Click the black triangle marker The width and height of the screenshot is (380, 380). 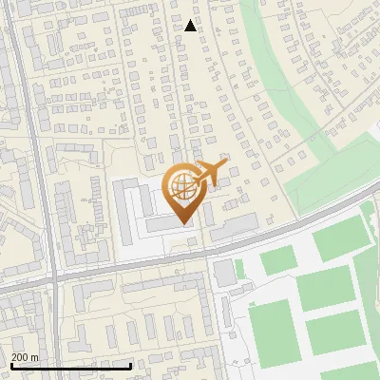(x=191, y=26)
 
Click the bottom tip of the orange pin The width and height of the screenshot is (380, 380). (x=183, y=224)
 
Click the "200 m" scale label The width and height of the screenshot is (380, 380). (x=25, y=357)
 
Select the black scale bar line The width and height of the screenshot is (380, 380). (x=70, y=366)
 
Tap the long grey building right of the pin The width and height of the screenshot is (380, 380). (x=234, y=226)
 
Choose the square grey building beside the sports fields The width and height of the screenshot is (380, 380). (x=224, y=274)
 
